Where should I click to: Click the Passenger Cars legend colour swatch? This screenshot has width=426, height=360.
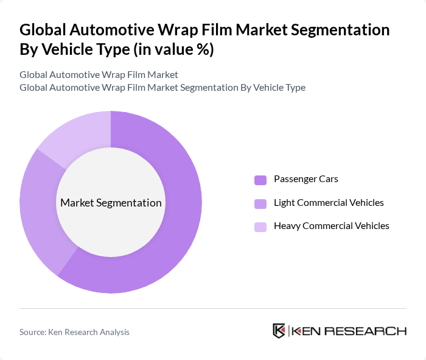tap(260, 180)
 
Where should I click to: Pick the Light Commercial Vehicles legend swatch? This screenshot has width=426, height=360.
tap(260, 203)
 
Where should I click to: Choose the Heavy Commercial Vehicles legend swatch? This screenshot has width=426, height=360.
tap(260, 227)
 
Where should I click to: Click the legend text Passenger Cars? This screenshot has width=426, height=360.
tap(306, 179)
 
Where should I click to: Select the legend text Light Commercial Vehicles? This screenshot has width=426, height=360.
tap(329, 202)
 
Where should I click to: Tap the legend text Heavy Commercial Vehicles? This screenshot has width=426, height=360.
tap(331, 226)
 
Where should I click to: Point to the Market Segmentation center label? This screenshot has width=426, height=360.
tap(111, 203)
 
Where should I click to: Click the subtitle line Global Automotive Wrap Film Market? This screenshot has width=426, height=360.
tap(99, 75)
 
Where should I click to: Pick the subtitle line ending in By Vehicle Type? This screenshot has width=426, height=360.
tap(162, 88)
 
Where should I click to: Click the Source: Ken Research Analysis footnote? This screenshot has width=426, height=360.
tap(74, 332)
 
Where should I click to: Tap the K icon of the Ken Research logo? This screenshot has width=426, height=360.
tap(279, 331)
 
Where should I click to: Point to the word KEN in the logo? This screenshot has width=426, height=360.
tap(306, 331)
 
